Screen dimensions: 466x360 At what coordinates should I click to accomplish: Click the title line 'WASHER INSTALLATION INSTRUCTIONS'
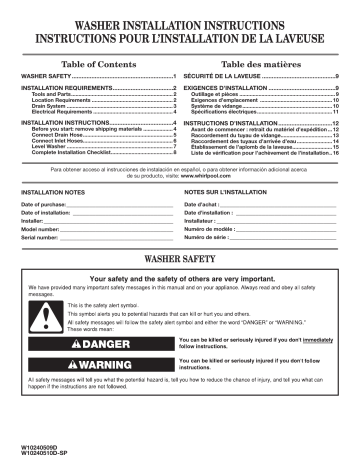pyautogui.click(x=180, y=20)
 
